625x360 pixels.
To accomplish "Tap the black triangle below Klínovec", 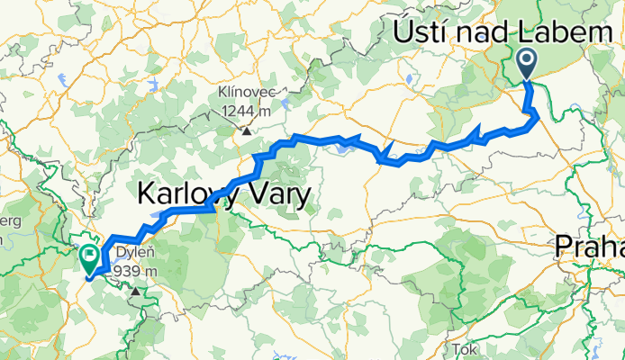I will click(245, 131).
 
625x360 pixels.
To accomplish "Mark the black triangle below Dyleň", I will click(136, 291).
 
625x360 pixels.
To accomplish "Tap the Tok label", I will click(465, 348).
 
